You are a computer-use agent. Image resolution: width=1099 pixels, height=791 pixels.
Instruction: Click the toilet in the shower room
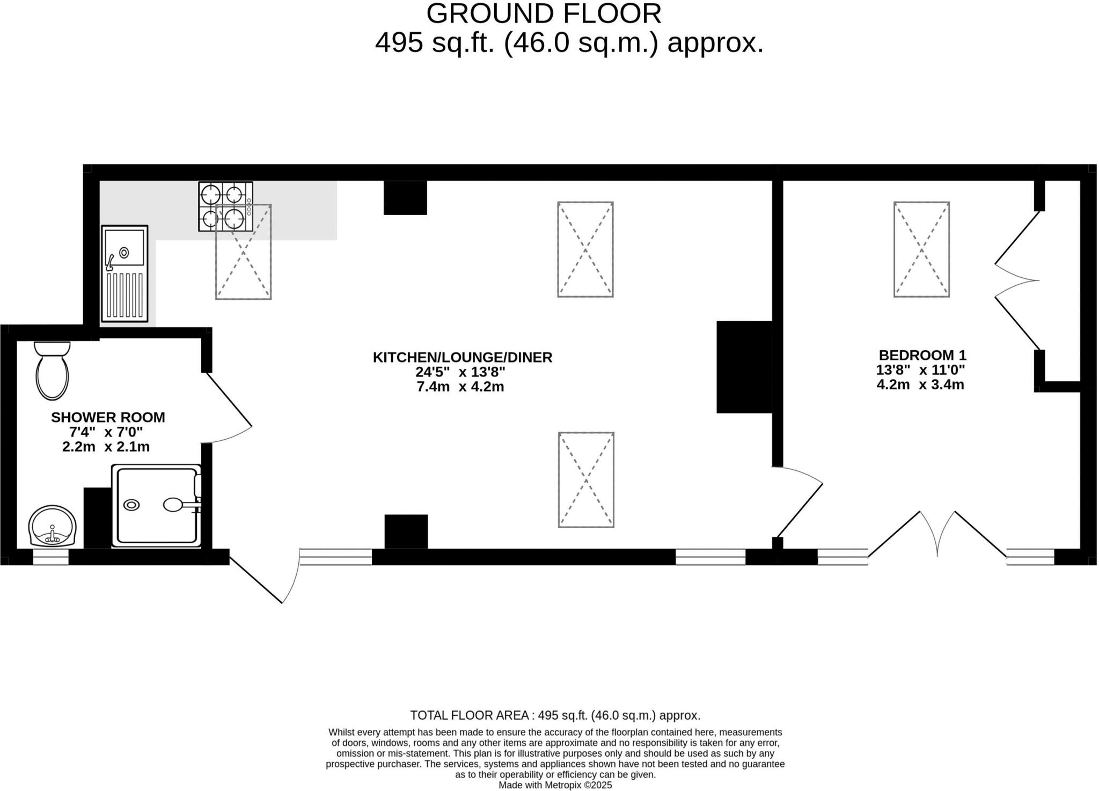pyautogui.click(x=52, y=370)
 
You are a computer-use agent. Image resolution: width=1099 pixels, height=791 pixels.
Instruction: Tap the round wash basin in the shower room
pyautogui.click(x=53, y=526)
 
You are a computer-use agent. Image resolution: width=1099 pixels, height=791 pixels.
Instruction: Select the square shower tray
pyautogui.click(x=156, y=506)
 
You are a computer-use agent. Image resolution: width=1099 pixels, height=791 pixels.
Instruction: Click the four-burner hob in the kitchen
pyautogui.click(x=225, y=206)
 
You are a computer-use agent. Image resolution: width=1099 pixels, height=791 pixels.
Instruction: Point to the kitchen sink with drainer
pyautogui.click(x=124, y=273)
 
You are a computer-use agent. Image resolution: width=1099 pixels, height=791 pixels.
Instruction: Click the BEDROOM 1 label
pyautogui.click(x=922, y=355)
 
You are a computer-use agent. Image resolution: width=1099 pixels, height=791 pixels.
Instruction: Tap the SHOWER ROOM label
pyautogui.click(x=108, y=417)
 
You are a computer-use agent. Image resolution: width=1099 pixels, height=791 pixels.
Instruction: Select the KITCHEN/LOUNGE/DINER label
pyautogui.click(x=462, y=357)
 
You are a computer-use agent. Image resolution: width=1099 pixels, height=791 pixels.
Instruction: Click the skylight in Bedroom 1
pyautogui.click(x=921, y=249)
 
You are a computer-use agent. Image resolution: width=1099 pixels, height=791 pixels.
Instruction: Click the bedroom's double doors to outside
pyautogui.click(x=937, y=534)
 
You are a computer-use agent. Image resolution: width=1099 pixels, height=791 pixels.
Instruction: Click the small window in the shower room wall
pyautogui.click(x=51, y=557)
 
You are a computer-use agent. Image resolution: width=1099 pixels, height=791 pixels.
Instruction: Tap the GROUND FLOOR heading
pyautogui.click(x=544, y=14)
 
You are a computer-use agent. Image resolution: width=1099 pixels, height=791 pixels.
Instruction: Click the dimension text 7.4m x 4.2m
pyautogui.click(x=460, y=387)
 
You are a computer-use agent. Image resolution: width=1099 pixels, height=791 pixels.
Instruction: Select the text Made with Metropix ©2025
pyautogui.click(x=555, y=785)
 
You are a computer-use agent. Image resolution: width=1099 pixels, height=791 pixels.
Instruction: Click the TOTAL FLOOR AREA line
pyautogui.click(x=555, y=715)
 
